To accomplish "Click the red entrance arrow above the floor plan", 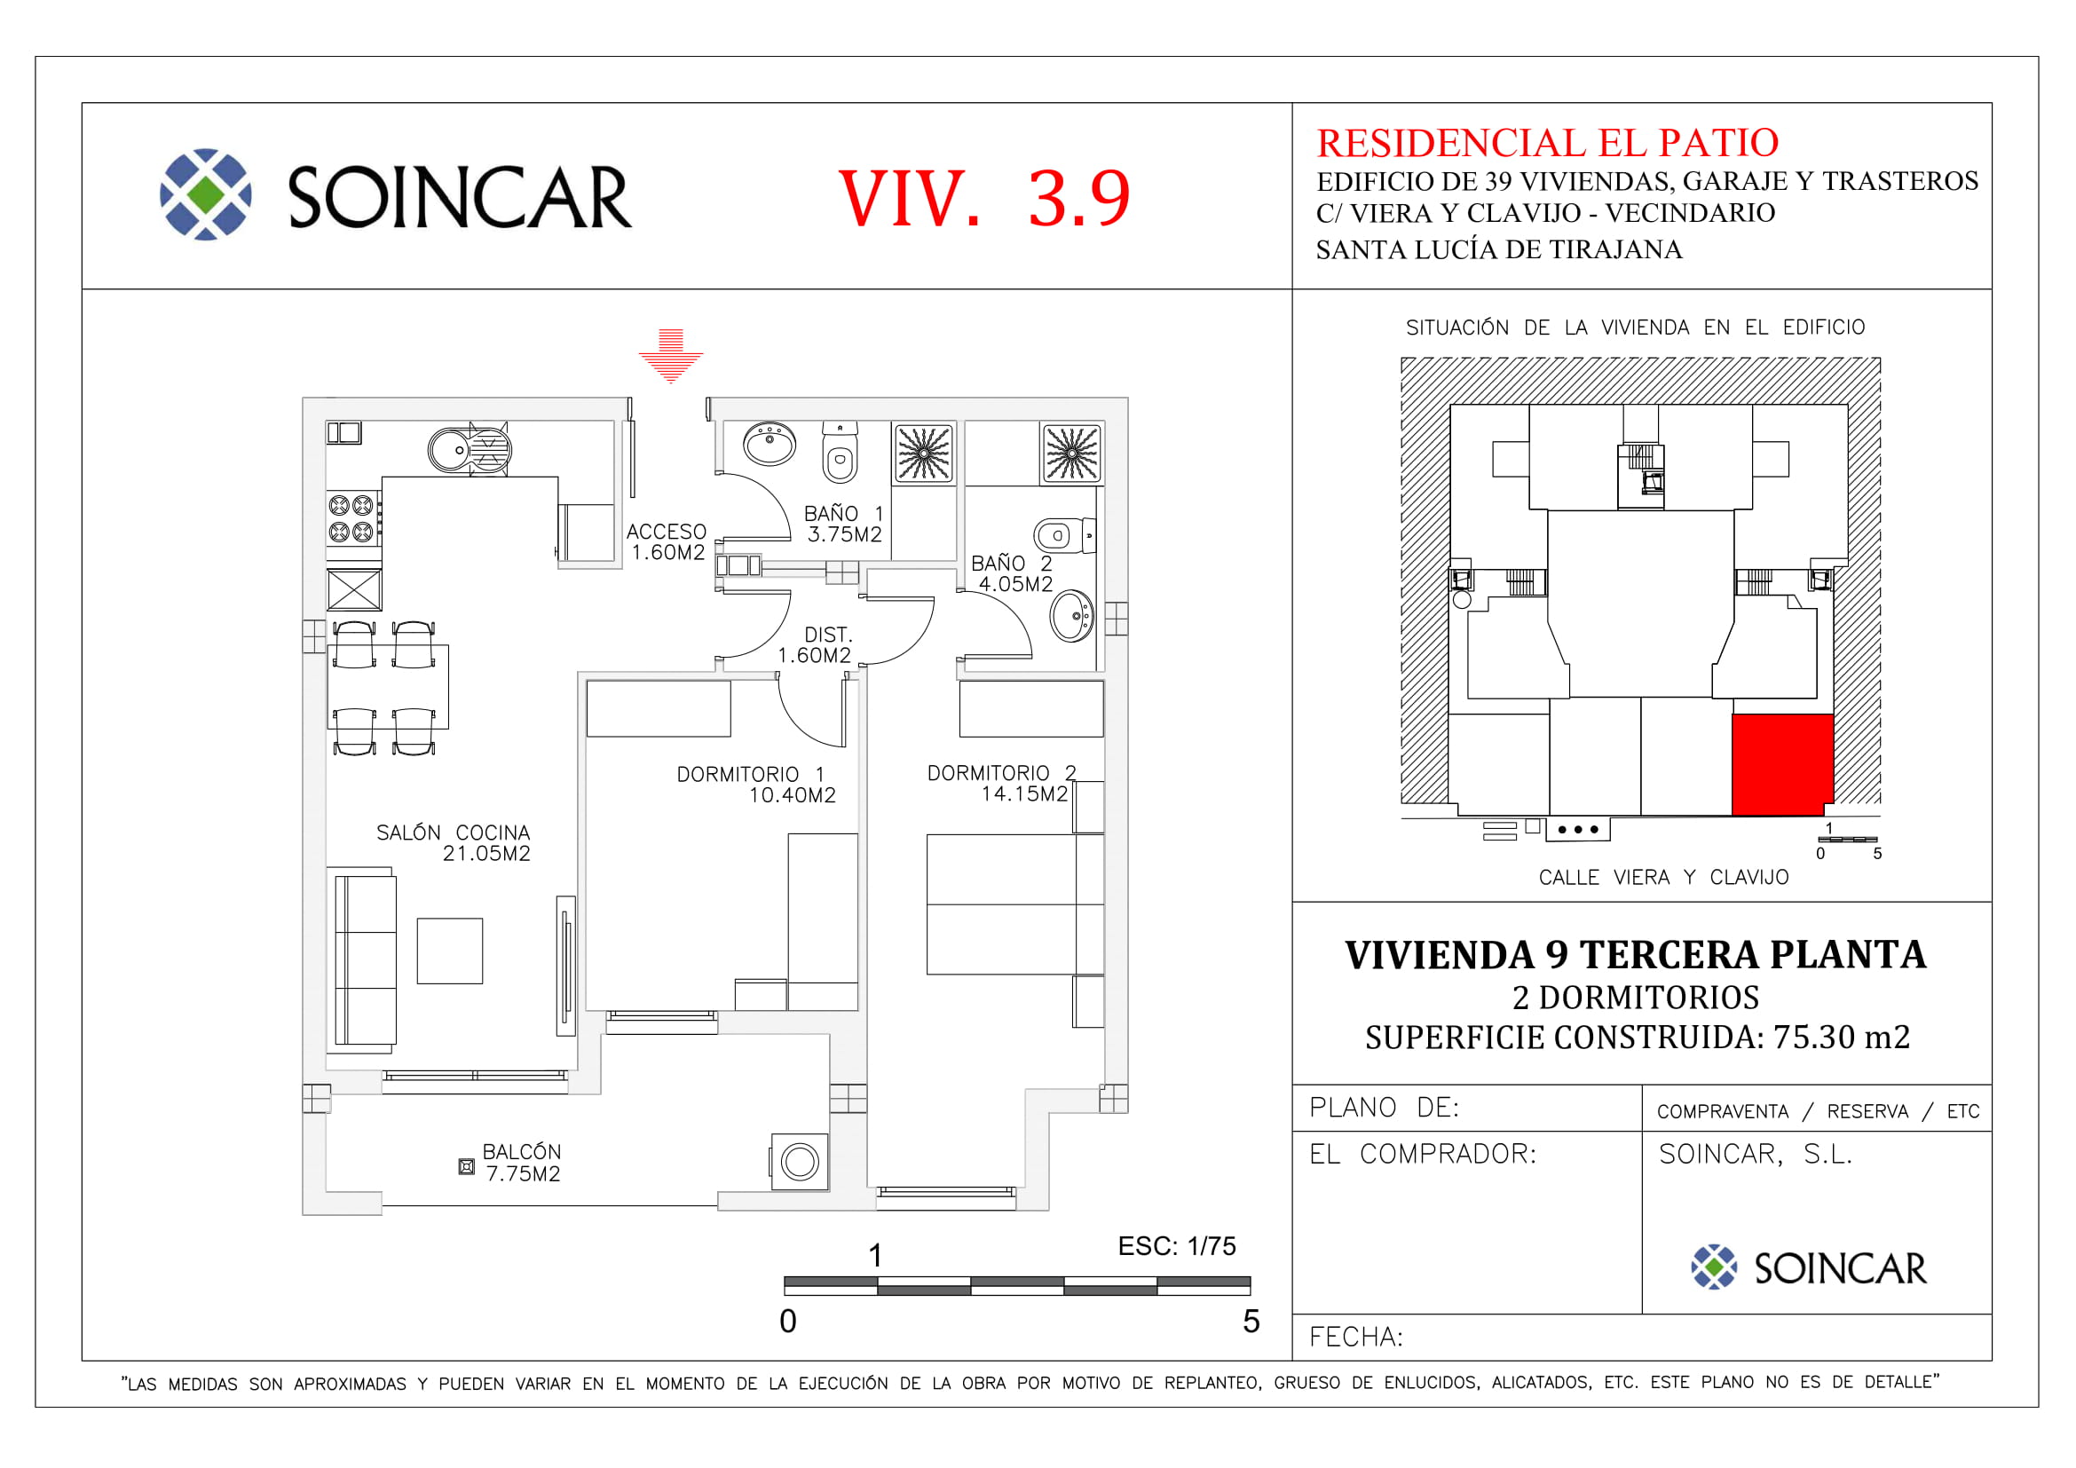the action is click(670, 356).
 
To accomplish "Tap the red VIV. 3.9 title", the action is click(983, 198).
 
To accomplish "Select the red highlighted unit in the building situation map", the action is click(1782, 765).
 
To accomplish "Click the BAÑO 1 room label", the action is click(843, 525).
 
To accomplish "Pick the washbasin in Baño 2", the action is click(1072, 617).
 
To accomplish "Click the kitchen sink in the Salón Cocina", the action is click(470, 449).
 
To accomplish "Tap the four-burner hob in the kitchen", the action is click(351, 519).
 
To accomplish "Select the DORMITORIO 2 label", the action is click(1002, 784).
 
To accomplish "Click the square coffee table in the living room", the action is click(449, 951).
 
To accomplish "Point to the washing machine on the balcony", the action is click(800, 1163).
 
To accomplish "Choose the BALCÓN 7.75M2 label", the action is click(522, 1164).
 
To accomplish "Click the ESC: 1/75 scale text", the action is click(1176, 1246).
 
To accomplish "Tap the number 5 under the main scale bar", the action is click(1251, 1322).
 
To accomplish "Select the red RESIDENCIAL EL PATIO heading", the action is click(1547, 143).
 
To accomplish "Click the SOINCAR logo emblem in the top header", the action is click(205, 194).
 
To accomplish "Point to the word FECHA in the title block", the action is click(1354, 1337).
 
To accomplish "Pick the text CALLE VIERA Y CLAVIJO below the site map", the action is click(1663, 878).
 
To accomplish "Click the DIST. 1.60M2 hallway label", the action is click(815, 645).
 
